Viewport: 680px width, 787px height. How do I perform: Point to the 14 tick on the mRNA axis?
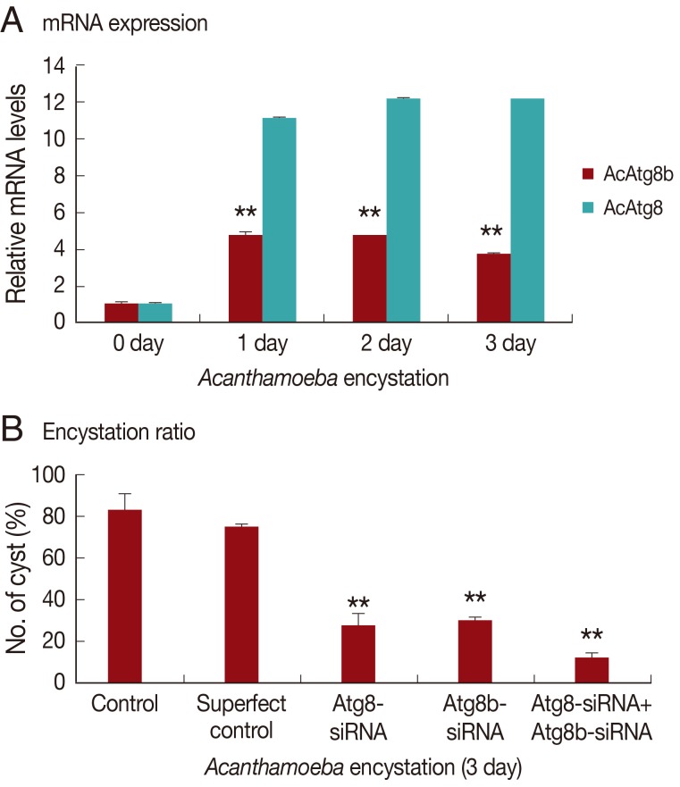point(55,65)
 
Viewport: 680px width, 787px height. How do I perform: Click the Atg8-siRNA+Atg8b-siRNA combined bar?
point(592,670)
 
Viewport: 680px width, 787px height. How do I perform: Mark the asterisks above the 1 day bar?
point(246,213)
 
